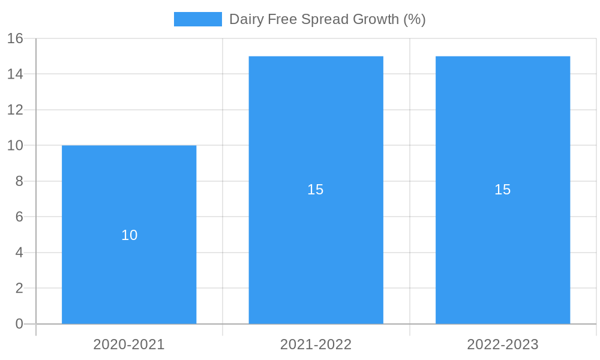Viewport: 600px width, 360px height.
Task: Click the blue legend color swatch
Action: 197,19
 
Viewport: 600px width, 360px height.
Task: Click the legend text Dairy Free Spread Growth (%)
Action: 327,19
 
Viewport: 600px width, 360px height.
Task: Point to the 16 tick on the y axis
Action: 15,38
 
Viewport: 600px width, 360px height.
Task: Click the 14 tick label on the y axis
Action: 15,74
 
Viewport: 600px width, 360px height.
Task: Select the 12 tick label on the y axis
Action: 15,110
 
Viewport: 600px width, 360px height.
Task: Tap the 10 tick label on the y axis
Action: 15,146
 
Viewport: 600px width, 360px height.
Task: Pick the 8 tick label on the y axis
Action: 19,181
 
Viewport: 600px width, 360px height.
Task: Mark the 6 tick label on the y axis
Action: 19,217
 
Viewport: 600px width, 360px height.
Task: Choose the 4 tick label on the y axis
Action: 19,253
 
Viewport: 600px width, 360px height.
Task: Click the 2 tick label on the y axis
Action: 19,289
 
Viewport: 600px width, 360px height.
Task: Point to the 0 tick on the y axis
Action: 19,324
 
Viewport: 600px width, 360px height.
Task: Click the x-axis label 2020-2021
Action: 129,344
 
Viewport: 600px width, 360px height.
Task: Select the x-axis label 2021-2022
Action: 316,344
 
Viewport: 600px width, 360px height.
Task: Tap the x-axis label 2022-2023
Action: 503,344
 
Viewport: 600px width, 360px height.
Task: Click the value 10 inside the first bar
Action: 129,235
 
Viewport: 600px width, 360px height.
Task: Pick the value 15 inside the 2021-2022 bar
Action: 316,190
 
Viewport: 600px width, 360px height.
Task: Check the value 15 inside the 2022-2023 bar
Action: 503,190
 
